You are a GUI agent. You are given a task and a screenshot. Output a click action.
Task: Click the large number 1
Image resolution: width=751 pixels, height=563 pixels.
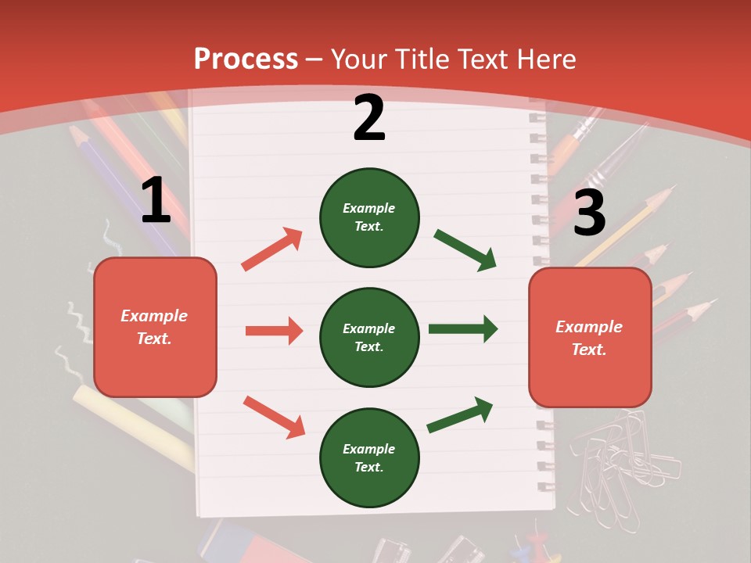point(156,201)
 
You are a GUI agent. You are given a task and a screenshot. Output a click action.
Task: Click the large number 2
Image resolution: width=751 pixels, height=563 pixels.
point(368,118)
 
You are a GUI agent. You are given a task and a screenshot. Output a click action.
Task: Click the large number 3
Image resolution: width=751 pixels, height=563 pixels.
point(589,213)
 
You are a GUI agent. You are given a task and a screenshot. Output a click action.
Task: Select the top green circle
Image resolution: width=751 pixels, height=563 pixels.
point(369,217)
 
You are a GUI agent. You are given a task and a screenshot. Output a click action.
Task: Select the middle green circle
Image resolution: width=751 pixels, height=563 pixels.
point(369,337)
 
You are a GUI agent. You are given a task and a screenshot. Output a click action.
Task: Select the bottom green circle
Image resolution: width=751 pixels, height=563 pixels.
point(369,457)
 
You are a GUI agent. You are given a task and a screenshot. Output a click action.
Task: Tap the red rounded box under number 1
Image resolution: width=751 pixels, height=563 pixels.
point(155,327)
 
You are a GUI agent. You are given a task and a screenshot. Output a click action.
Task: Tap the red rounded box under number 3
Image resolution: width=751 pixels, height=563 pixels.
point(590,337)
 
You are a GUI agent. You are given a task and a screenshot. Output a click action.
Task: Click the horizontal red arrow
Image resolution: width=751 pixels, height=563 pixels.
point(274,331)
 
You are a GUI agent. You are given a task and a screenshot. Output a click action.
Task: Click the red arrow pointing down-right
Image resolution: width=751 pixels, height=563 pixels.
point(274,417)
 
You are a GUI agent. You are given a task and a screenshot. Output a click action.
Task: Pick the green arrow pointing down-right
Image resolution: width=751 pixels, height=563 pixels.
point(465,249)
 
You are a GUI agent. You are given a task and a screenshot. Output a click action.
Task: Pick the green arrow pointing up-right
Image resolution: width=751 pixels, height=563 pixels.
point(460,414)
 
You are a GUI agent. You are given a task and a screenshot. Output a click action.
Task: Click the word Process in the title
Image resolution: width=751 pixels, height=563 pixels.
point(246,59)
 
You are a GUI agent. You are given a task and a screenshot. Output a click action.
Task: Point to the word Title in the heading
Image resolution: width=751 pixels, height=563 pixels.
point(422,59)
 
